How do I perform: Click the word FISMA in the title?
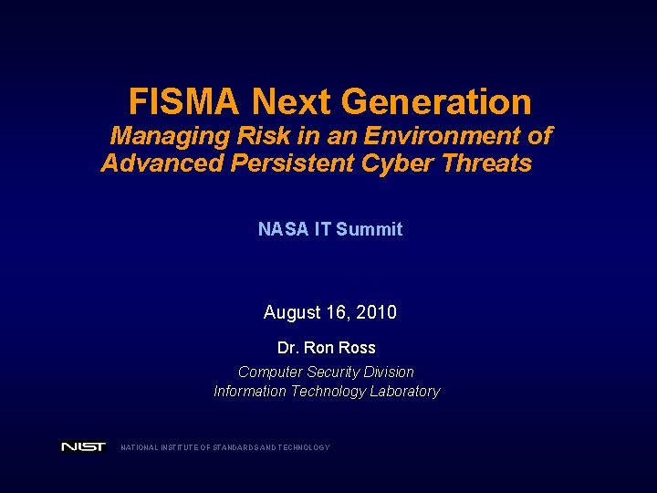tap(185, 101)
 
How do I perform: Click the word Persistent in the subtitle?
tap(299, 163)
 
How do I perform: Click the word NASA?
tap(282, 229)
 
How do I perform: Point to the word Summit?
tap(369, 229)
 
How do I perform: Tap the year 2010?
tap(377, 312)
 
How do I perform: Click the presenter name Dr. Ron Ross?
tap(326, 348)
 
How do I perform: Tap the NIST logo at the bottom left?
tap(83, 447)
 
